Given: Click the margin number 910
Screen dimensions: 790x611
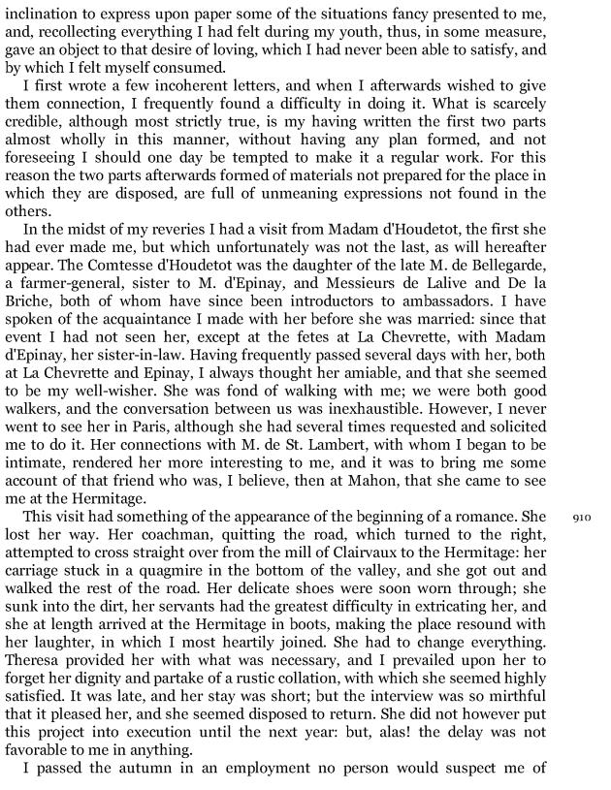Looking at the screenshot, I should tap(581, 518).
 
